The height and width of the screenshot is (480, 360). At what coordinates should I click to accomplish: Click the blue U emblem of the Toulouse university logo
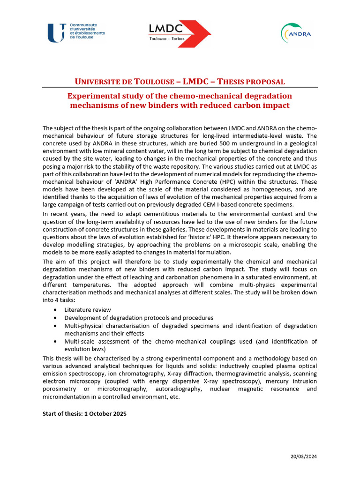56,33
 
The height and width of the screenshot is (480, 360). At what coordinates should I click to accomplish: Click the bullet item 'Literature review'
88,309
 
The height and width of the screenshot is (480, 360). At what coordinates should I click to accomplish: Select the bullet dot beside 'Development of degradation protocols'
56,318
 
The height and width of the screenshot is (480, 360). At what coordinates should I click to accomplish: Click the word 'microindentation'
65,397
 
